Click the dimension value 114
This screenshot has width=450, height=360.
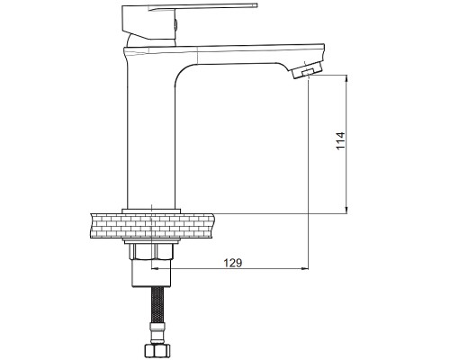coord(340,140)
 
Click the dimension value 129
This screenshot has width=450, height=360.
coord(233,263)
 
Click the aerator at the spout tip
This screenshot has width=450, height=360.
coord(306,70)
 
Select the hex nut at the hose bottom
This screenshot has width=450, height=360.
coord(157,349)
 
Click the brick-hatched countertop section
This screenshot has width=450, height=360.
coord(152,226)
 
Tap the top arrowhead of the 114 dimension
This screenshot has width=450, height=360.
coord(346,78)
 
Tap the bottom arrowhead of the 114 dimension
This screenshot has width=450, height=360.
coord(346,210)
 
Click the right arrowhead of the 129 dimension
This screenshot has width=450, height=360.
coord(304,268)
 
